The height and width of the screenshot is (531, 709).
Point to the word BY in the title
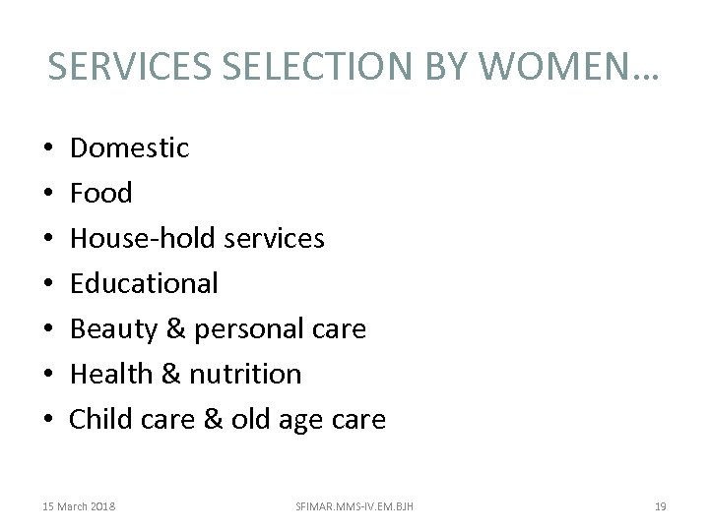click(x=445, y=66)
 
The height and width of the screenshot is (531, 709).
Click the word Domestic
click(x=129, y=147)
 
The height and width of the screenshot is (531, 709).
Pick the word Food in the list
click(x=100, y=193)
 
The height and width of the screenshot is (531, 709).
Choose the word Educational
click(x=144, y=283)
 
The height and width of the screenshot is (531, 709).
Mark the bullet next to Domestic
click(x=48, y=148)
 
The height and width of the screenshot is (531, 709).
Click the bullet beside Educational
click(x=48, y=284)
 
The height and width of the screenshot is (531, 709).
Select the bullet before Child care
click(x=48, y=420)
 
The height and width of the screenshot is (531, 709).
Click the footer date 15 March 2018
click(x=79, y=506)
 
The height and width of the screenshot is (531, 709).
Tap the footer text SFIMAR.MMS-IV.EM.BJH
click(x=354, y=506)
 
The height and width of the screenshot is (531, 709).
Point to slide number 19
click(x=660, y=506)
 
